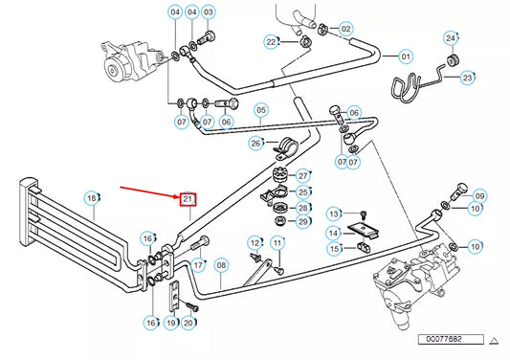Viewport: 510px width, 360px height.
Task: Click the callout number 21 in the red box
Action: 188,199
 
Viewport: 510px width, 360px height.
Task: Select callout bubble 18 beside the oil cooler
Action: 93,198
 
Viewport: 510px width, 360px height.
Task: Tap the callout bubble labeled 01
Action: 405,57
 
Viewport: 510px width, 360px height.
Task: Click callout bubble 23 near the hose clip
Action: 468,77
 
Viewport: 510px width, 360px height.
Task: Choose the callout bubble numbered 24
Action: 451,37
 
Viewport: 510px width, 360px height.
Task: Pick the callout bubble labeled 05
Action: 259,110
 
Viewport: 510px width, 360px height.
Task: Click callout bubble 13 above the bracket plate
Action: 334,213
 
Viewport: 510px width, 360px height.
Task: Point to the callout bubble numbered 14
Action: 334,232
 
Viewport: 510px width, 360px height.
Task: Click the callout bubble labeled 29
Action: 303,222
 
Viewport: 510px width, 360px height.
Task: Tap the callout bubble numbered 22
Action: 272,41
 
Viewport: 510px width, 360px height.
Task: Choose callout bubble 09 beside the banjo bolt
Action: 480,195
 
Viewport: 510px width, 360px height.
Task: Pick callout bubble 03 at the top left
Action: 209,12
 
